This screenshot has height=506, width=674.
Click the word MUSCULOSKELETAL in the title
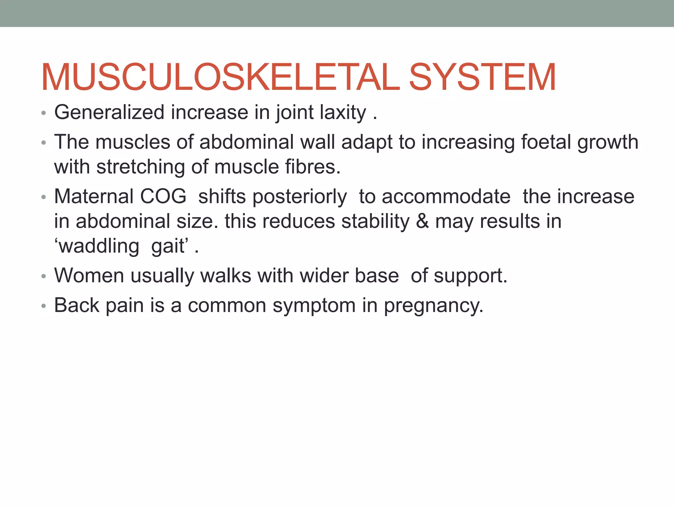[x=220, y=78]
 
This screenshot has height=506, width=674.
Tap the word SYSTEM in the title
[x=482, y=78]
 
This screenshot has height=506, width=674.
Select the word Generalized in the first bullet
[x=109, y=113]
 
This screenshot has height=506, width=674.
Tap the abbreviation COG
[x=163, y=197]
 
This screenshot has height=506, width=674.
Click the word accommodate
[x=446, y=197]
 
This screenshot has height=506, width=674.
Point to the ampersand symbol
[x=423, y=221]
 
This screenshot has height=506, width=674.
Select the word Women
[x=89, y=276]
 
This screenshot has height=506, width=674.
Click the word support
[x=470, y=276]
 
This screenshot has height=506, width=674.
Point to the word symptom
[x=314, y=306]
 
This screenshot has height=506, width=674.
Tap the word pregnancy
[x=433, y=306]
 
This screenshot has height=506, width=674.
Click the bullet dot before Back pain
[x=43, y=306]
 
